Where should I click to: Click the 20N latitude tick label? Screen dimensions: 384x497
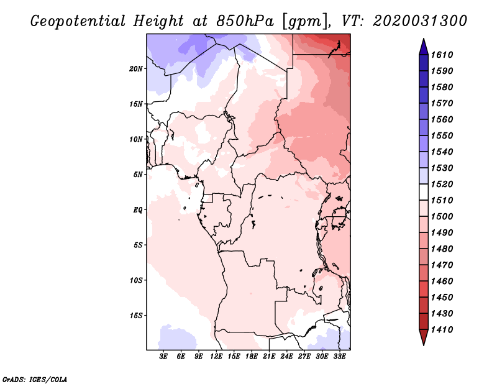(137, 68)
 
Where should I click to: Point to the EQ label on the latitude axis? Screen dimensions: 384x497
(138, 209)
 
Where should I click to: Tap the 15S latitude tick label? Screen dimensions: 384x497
(137, 315)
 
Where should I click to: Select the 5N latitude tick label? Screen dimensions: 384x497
(139, 175)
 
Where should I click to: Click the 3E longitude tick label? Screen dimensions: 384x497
(164, 357)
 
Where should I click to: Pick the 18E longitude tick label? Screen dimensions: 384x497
(252, 357)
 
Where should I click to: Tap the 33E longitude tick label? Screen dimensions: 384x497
(339, 357)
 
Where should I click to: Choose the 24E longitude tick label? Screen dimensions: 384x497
(286, 357)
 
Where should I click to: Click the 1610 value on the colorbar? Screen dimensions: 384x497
(444, 55)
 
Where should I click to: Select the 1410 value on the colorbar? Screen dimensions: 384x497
(444, 329)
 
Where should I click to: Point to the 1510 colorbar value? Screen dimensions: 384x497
(444, 200)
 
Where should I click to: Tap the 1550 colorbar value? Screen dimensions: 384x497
(444, 135)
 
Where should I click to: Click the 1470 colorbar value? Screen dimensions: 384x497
(444, 265)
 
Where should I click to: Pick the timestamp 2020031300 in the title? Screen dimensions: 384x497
(420, 21)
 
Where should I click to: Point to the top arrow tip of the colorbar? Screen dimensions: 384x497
(423, 40)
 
